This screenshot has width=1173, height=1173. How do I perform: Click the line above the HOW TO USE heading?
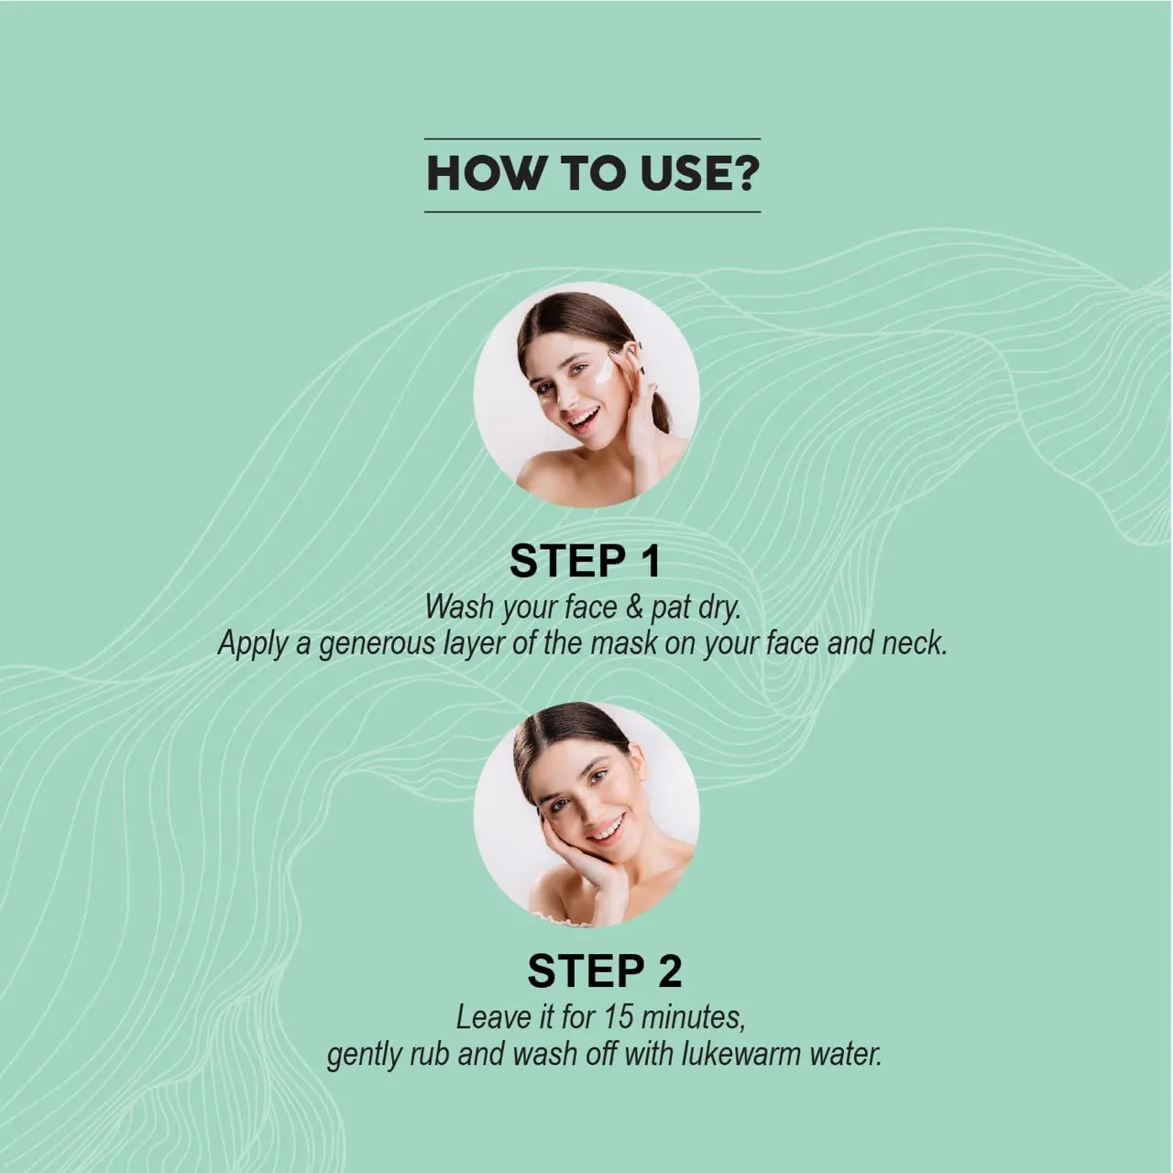coord(592,138)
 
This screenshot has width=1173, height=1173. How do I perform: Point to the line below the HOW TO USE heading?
coord(592,212)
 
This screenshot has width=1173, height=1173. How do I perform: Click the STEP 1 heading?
coord(585,562)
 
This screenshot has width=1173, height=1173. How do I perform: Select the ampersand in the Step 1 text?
coord(633,607)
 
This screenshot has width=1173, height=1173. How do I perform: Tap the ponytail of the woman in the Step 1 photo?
coord(657,406)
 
